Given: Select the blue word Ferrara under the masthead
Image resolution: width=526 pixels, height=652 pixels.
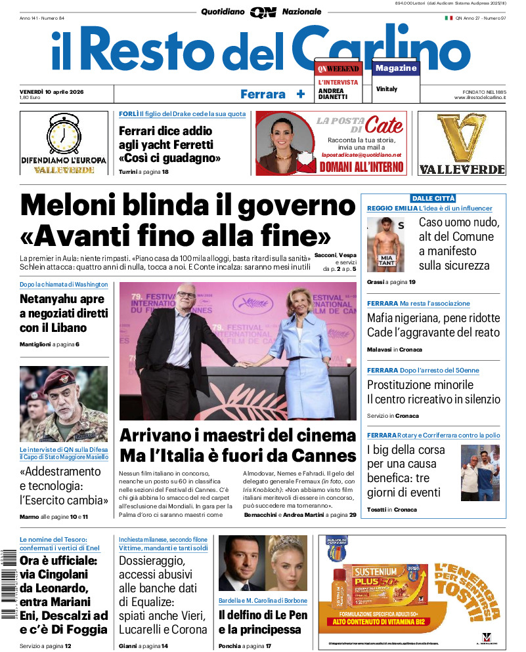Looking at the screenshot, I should tap(263, 94).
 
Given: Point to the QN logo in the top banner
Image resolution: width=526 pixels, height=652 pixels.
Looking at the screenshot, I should tap(263, 12).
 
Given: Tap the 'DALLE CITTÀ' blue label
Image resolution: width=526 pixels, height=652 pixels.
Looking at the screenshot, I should tap(433, 198).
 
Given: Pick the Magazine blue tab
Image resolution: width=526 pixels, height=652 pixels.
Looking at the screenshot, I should tap(396, 68).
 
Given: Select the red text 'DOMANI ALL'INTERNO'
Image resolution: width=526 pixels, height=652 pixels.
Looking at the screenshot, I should tap(361, 167).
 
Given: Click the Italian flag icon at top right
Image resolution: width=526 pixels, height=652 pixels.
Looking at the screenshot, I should tap(449, 18).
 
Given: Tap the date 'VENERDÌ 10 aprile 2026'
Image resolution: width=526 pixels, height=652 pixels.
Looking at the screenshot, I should tap(56, 91).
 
